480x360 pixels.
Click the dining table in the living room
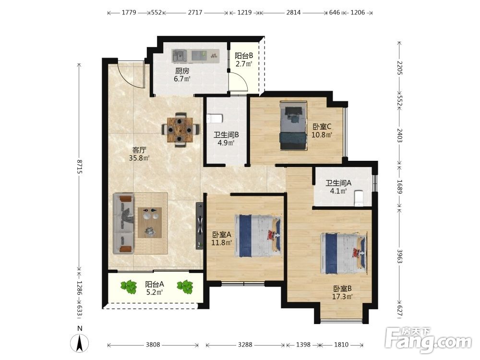point(180,130)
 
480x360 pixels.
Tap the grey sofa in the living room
point(123,224)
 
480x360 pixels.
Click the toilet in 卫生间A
point(358,198)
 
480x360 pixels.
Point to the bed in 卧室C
point(294,126)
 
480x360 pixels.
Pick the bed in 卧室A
point(258,236)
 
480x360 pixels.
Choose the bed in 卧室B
point(344,254)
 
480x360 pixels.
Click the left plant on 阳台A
point(129,287)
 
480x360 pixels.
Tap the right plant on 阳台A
point(185,287)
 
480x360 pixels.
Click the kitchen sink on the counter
point(180,55)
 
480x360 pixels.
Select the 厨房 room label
point(182,71)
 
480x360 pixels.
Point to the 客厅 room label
point(139,150)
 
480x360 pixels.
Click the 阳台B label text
point(244,56)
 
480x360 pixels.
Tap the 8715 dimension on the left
point(79,167)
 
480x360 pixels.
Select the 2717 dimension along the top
point(195,12)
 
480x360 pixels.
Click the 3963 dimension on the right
point(399,256)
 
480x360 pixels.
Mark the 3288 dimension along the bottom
point(245,345)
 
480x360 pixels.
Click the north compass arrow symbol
point(80,343)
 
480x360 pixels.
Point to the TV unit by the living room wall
point(200,226)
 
